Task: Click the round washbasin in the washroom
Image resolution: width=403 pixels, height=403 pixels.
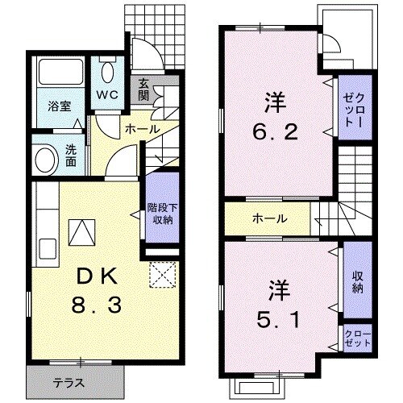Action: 44,157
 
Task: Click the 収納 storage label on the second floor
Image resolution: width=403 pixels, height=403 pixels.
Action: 356,281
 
